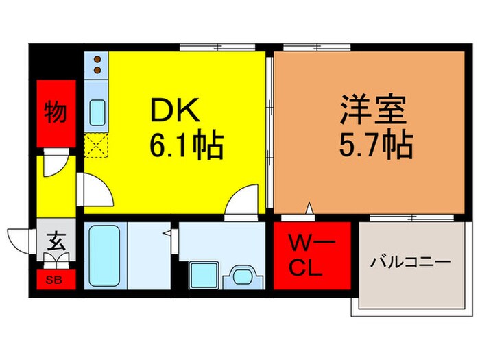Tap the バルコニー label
(411, 261)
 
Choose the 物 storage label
(56, 112)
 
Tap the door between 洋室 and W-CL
(309, 208)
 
